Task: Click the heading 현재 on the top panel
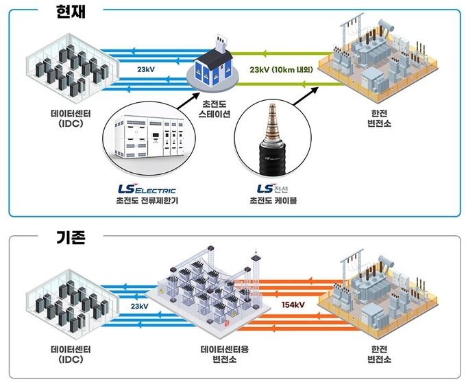(71, 11)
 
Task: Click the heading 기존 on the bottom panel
(71, 237)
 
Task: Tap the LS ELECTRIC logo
(147, 189)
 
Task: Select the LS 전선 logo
(273, 189)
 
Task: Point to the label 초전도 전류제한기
(147, 200)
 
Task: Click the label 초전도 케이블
(273, 200)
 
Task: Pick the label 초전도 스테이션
(214, 109)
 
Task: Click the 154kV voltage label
(293, 305)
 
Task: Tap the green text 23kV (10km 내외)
(281, 70)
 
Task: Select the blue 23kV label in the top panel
(146, 70)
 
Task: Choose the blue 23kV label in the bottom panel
(139, 306)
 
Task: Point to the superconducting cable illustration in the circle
(273, 139)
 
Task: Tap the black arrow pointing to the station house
(188, 101)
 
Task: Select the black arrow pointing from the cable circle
(306, 96)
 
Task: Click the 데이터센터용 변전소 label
(225, 354)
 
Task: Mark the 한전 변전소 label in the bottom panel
(379, 354)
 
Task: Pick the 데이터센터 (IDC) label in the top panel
(71, 119)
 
